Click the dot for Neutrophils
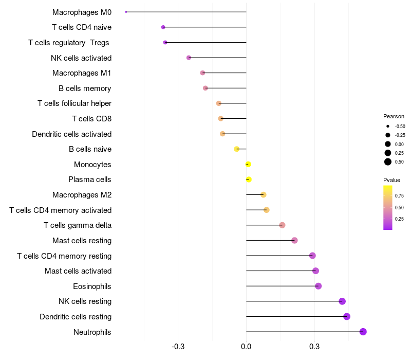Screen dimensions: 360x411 363,332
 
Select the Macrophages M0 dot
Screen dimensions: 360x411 126,12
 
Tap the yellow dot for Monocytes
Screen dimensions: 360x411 248,164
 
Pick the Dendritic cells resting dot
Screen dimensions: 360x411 347,316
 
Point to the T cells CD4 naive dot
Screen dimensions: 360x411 163,27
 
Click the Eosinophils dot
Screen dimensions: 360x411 318,286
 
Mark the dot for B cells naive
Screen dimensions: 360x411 237,149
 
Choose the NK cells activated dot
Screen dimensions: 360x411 189,58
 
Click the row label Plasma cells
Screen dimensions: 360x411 90,179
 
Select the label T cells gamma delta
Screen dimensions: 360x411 78,225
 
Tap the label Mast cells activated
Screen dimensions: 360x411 78,271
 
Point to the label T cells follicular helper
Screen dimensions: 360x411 74,103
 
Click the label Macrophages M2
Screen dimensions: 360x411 82,195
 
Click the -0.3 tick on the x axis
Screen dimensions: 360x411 178,347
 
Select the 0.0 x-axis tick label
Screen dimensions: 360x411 246,347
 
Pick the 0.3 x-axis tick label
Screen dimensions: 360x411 314,347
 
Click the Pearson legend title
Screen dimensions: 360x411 394,116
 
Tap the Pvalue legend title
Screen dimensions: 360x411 391,180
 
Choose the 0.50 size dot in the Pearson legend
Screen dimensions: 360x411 388,161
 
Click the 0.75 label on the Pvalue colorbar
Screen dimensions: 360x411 399,196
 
